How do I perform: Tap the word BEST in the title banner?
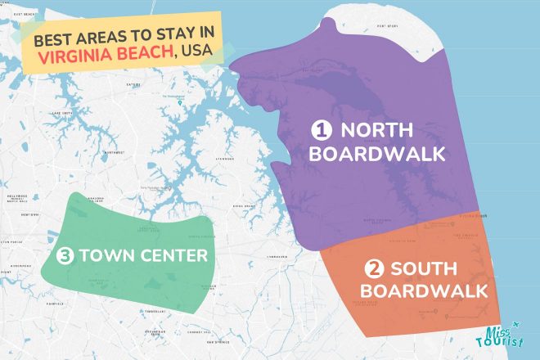click(x=56, y=39)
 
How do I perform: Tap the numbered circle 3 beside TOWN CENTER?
click(x=67, y=256)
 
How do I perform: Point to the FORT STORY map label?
click(x=387, y=26)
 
